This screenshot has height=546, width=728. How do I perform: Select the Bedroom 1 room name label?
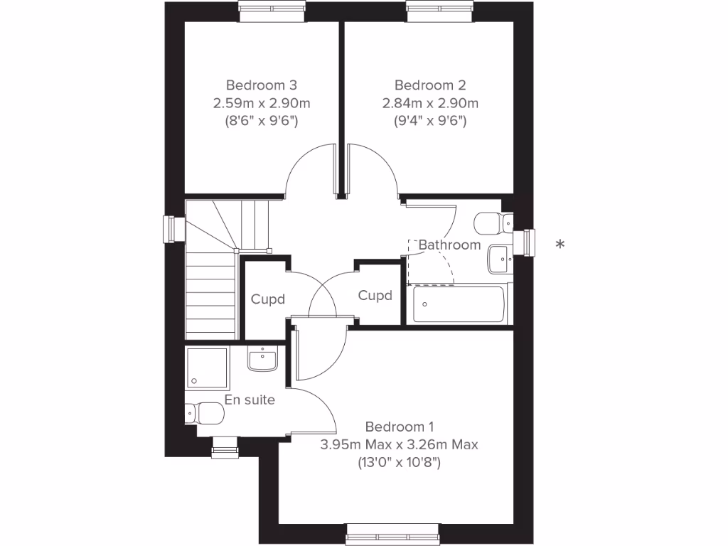tap(399, 427)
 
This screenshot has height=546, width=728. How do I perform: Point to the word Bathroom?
tap(449, 245)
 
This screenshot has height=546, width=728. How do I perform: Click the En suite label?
tap(250, 400)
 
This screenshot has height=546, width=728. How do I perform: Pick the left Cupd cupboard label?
tap(267, 299)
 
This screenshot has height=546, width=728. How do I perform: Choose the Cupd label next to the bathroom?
tap(375, 295)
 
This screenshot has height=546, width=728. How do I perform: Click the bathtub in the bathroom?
tap(459, 304)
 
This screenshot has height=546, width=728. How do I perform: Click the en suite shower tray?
tap(206, 368)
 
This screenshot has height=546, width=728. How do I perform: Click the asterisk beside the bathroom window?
tap(560, 245)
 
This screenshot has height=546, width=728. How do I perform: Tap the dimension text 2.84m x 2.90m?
tap(430, 103)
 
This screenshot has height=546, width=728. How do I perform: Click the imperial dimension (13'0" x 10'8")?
tap(399, 464)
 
